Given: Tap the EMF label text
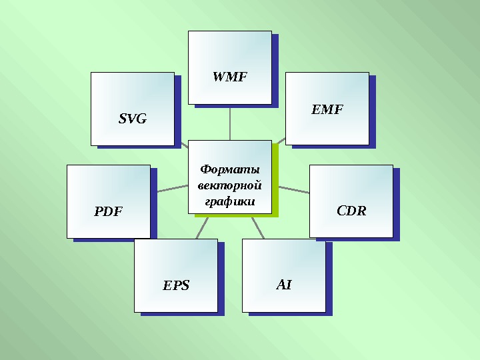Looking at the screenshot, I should point(327,110).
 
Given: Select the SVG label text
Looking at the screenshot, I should point(132,119).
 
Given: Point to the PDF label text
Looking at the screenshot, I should point(108,212).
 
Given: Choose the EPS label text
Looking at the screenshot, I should point(176,286).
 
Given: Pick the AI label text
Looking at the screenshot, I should point(284,285).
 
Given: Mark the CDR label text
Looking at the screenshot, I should point(351,211).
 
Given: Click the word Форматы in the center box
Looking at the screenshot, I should point(230,169).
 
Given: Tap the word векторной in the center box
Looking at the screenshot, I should point(230,185).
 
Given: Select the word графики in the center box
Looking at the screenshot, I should point(230,200).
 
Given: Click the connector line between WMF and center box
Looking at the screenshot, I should point(230,123).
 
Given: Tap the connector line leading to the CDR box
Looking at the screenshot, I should point(293,189).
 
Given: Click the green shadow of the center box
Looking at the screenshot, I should point(275,193).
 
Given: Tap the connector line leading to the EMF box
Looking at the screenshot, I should point(281,141).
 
